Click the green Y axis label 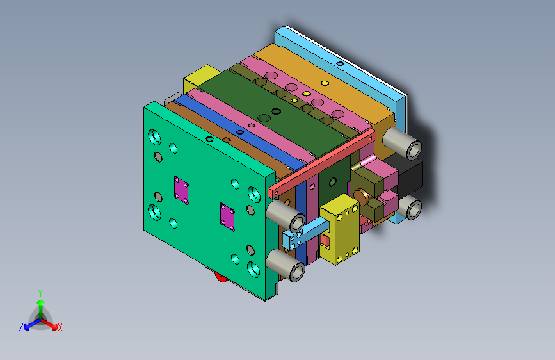[40, 292]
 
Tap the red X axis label [60, 328]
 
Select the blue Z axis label [21, 327]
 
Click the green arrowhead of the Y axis [40, 302]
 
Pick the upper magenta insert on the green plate [181, 191]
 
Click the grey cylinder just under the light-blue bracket [287, 265]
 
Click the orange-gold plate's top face [320, 77]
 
